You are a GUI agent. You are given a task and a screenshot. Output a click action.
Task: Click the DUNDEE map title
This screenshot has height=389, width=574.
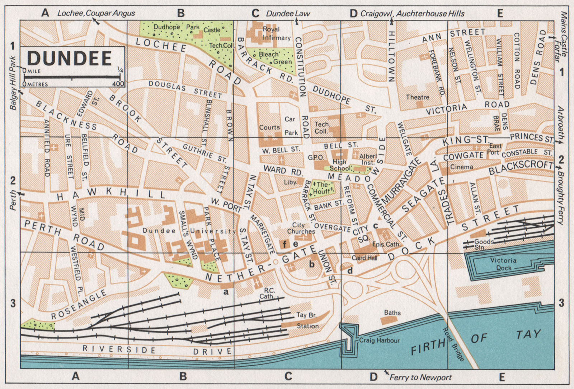click(70, 58)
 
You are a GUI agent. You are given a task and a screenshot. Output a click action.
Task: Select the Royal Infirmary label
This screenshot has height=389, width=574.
click(277, 33)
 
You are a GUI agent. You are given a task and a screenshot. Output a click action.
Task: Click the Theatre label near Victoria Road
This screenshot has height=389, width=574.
click(418, 97)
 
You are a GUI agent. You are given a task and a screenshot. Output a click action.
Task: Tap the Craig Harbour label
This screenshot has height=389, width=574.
click(379, 341)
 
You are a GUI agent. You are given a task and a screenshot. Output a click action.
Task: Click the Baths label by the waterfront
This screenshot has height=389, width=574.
click(392, 313)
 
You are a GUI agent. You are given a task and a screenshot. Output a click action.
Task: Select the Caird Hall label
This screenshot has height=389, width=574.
click(364, 258)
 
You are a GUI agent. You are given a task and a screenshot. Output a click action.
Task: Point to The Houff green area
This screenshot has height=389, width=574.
click(322, 188)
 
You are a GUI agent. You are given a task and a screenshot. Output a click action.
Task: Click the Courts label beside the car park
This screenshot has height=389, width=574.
click(269, 128)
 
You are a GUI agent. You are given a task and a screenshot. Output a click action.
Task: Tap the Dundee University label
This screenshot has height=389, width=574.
click(189, 231)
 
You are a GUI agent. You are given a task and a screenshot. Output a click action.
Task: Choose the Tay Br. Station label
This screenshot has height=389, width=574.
click(307, 320)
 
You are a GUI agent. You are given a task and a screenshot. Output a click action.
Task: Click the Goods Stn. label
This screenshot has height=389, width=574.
click(484, 245)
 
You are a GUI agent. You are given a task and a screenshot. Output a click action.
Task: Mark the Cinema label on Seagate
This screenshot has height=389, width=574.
click(461, 167)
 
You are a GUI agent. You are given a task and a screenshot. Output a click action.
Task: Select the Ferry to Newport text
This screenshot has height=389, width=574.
click(420, 377)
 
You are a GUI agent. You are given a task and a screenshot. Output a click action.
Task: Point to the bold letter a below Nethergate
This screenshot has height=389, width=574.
click(226, 292)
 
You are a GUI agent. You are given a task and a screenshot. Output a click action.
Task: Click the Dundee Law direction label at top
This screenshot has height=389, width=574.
click(288, 14)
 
